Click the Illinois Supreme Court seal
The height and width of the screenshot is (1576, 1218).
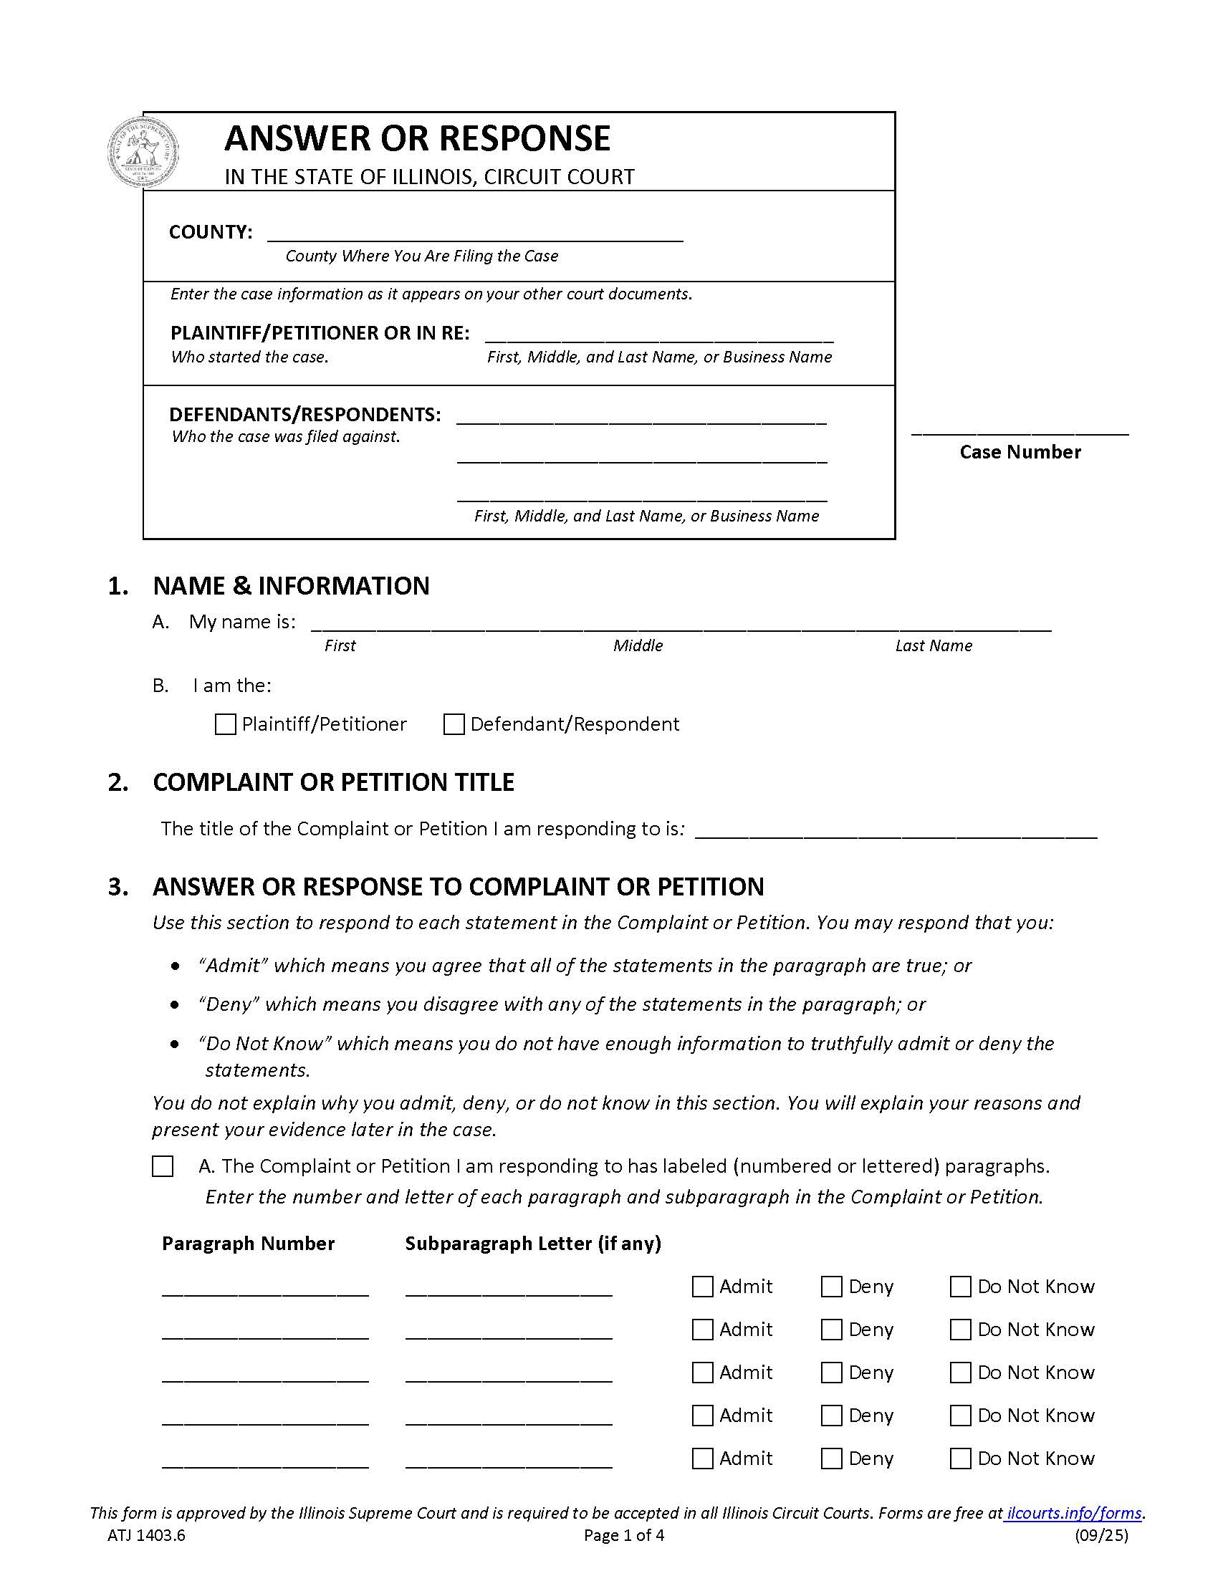tap(143, 153)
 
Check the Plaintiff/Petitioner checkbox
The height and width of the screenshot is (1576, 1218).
tap(225, 724)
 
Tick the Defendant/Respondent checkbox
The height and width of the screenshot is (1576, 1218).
tap(453, 724)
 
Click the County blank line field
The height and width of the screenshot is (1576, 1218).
tap(475, 234)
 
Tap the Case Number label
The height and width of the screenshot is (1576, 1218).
tap(1020, 452)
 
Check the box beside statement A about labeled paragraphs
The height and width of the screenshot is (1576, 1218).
tap(163, 1166)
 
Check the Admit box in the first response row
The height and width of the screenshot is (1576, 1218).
tap(702, 1287)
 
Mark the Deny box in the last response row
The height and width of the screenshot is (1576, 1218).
tap(831, 1459)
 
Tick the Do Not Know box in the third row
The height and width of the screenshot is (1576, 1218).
tap(960, 1373)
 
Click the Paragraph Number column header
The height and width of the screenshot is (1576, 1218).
tap(248, 1244)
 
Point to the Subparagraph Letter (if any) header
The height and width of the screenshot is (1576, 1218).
tap(533, 1244)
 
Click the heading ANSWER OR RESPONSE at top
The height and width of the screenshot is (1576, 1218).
tap(418, 138)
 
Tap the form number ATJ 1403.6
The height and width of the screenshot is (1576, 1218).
tap(146, 1535)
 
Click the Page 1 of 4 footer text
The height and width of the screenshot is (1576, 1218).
tap(624, 1535)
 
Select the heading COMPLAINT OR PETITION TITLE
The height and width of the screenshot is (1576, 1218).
tap(333, 782)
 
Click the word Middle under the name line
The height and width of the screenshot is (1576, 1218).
tap(638, 646)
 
